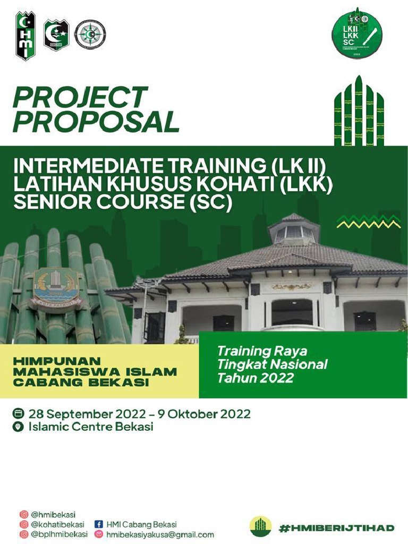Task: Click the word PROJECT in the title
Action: [80, 98]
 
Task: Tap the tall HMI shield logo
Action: [25, 35]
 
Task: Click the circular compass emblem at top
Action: [90, 35]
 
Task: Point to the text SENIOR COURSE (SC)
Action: [123, 203]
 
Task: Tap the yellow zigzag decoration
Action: [368, 221]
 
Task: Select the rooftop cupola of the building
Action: [294, 230]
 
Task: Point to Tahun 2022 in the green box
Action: [255, 378]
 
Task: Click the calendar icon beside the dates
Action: [19, 414]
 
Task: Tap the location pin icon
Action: [19, 427]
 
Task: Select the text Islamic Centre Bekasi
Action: [91, 427]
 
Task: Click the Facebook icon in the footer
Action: [98, 524]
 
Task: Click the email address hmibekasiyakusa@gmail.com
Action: [160, 534]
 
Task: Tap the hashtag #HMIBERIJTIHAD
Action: [337, 528]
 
